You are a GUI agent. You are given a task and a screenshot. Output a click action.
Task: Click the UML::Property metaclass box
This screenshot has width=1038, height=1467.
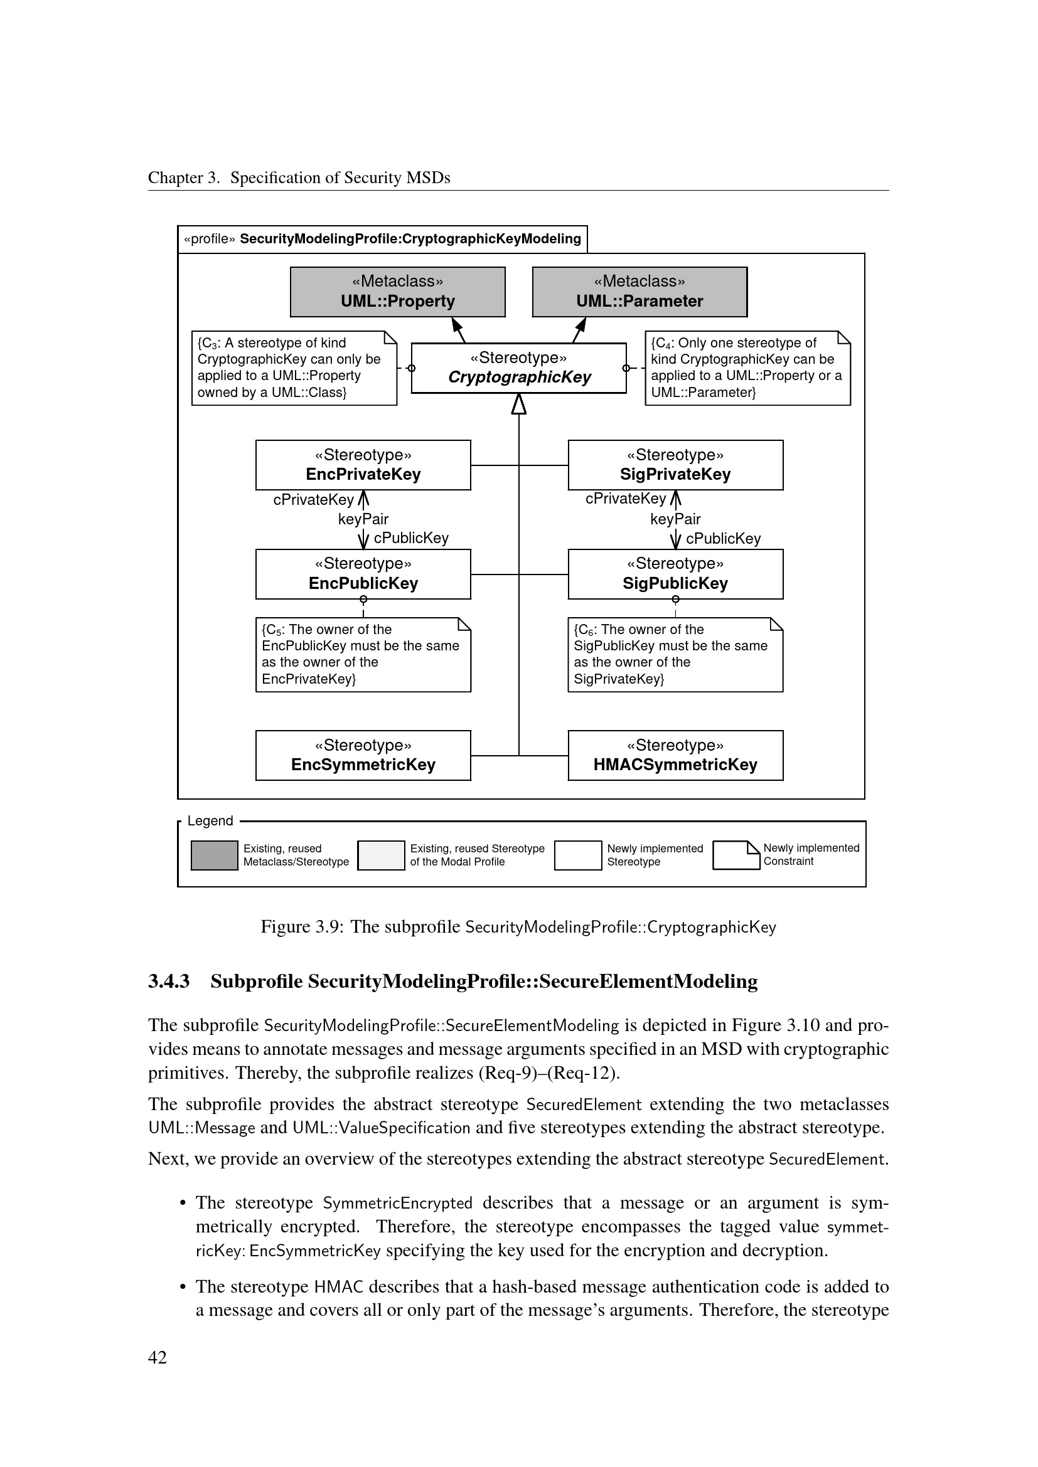[x=397, y=292]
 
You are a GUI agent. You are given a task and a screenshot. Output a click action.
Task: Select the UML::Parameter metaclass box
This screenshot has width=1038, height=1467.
[x=639, y=292]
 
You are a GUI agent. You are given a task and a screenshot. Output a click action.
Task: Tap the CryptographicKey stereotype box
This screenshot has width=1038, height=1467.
[x=518, y=368]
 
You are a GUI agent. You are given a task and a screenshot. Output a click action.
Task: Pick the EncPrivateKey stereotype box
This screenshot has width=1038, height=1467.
[x=363, y=465]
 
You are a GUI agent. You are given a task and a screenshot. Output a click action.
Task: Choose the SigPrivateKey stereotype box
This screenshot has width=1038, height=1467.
[x=675, y=465]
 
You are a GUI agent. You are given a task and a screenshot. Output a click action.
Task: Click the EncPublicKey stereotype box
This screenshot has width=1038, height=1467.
[x=363, y=574]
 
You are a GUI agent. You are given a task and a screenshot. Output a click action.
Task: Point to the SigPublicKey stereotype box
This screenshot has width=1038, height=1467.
[x=675, y=574]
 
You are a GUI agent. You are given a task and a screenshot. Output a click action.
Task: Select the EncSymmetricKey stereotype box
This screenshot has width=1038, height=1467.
[x=363, y=755]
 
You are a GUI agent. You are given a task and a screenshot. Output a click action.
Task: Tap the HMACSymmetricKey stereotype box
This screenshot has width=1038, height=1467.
[x=675, y=755]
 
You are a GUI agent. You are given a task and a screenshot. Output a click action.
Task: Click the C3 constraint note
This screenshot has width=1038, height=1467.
[x=294, y=368]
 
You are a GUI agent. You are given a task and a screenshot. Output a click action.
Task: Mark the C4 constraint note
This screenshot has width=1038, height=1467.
[x=747, y=368]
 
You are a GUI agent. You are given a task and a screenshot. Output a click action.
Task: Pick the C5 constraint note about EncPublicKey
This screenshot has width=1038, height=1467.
[x=363, y=654]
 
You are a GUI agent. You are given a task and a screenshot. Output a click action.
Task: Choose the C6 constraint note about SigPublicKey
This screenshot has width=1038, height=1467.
[x=675, y=654]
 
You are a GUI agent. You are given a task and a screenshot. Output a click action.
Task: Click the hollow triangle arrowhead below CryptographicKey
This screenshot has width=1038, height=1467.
[x=518, y=404]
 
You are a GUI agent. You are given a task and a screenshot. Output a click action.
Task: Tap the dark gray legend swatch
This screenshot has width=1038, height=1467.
[x=214, y=855]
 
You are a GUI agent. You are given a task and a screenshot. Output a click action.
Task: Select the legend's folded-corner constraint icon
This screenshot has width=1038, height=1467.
[x=736, y=855]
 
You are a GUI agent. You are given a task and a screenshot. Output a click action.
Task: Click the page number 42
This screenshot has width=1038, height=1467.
[x=158, y=1357]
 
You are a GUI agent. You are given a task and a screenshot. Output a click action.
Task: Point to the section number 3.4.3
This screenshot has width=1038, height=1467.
[x=169, y=981]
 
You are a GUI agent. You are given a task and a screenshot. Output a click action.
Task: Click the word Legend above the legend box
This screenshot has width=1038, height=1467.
[x=210, y=821]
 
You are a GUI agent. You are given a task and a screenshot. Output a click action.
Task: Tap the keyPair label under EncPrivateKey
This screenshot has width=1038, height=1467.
[x=363, y=519]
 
